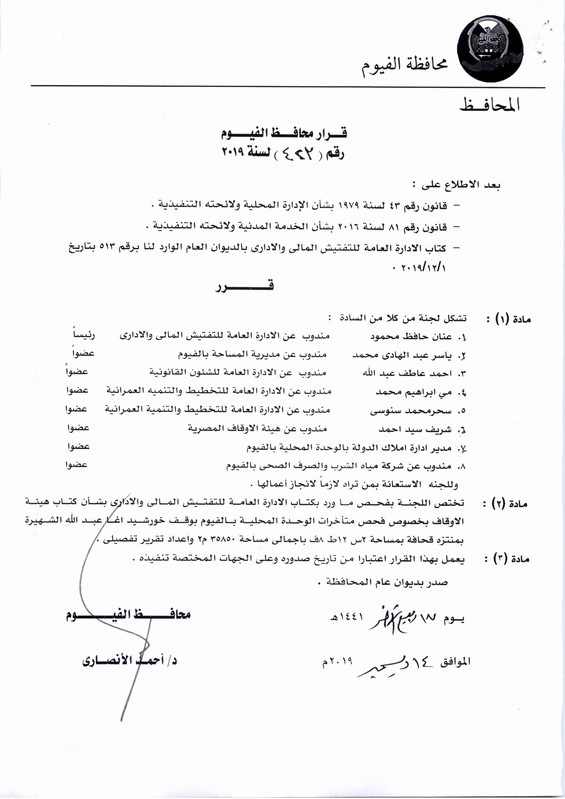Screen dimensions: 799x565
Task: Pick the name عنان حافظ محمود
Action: (411, 337)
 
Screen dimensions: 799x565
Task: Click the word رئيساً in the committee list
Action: (84, 335)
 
